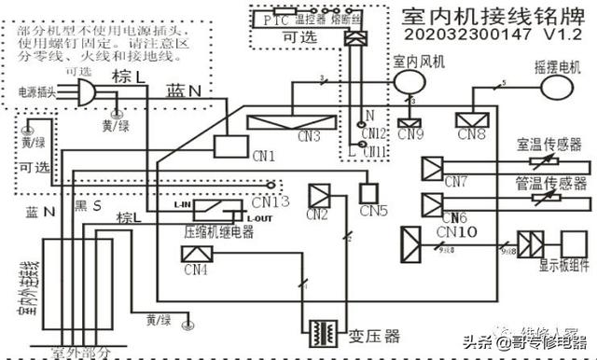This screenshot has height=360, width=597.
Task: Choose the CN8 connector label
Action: [x=472, y=135]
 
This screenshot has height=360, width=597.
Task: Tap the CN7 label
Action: [x=456, y=179]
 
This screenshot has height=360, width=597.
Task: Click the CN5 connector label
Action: [x=373, y=211]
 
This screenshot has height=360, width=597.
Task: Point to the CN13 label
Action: [x=271, y=200]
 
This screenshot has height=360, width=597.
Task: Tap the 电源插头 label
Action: [x=38, y=94]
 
